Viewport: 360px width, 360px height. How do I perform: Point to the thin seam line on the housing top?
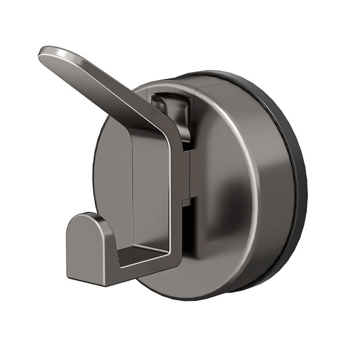pyautogui.click(x=198, y=85)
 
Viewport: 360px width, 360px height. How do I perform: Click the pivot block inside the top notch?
pyautogui.click(x=173, y=110)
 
